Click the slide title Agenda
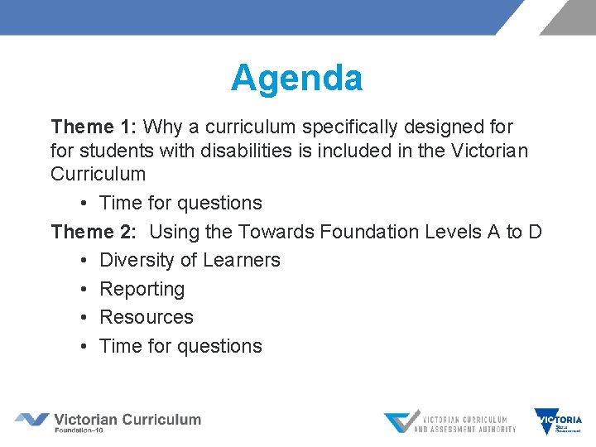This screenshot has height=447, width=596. (x=296, y=79)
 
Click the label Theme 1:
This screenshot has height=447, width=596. (x=94, y=127)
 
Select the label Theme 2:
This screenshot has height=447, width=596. (x=94, y=232)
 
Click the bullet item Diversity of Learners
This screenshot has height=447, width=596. (x=190, y=260)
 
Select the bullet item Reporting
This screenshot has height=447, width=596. (x=142, y=289)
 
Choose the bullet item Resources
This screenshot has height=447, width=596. (x=146, y=317)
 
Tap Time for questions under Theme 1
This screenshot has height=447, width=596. (x=180, y=203)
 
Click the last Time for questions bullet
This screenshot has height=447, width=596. (x=180, y=346)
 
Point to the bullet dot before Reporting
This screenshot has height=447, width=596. (x=86, y=289)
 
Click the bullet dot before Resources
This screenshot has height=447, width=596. (x=86, y=318)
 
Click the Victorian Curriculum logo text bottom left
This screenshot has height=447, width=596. (x=127, y=421)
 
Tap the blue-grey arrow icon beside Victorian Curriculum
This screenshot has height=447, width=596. (x=32, y=420)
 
